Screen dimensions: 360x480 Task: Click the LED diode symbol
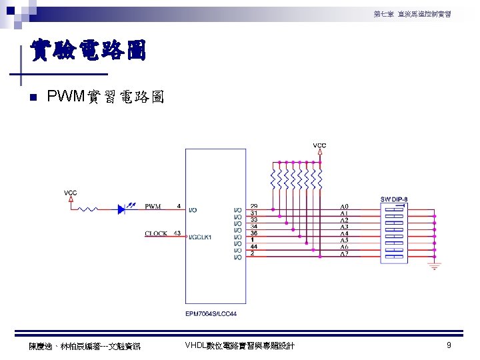[x=122, y=209]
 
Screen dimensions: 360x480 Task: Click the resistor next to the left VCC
[x=90, y=209]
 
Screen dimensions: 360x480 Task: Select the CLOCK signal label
[x=156, y=233]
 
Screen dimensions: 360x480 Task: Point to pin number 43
[x=177, y=233]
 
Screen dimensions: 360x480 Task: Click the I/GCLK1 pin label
[x=200, y=237]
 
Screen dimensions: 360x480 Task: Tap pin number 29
[x=254, y=205]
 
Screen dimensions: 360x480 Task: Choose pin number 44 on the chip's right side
[x=254, y=246]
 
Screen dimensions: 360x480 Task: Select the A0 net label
[x=344, y=206]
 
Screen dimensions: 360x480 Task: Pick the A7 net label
[x=344, y=254]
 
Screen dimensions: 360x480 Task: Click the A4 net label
[x=344, y=233]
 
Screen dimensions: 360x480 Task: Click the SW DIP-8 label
[x=395, y=199]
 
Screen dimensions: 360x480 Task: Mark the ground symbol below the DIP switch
[x=435, y=267]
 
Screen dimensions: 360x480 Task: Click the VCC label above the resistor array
[x=320, y=145]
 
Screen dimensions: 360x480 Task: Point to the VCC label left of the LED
[x=71, y=193]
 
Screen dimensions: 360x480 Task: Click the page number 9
[x=449, y=345]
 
